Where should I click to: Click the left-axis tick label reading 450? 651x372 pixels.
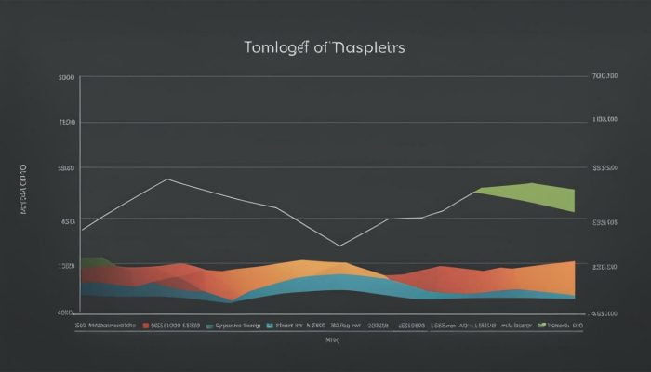(68, 222)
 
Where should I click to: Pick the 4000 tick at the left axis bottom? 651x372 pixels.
(65, 313)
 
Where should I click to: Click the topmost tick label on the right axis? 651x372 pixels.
(604, 77)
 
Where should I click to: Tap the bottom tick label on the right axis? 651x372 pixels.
(604, 313)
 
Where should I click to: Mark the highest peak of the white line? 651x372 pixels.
(167, 179)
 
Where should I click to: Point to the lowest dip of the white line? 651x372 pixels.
(339, 246)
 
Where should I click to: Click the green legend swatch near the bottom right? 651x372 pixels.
(541, 326)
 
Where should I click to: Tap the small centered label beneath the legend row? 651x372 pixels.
(332, 340)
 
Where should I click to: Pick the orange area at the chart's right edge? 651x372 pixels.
(553, 277)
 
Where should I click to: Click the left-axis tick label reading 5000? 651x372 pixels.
(66, 168)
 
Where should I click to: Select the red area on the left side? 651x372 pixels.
(139, 273)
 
